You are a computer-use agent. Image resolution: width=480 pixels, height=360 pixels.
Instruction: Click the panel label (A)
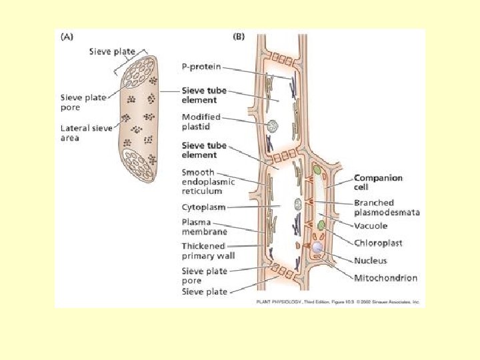point(67,37)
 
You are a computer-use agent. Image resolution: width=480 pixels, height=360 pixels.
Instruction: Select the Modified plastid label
point(201,122)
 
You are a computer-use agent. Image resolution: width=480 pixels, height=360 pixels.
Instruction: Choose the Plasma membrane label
point(204,227)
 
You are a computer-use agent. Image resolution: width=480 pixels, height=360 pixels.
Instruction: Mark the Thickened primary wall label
point(207,251)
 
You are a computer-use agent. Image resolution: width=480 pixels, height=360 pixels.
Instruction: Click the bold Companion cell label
point(378,183)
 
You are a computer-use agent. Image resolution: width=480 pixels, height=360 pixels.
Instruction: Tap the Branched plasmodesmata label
point(387,207)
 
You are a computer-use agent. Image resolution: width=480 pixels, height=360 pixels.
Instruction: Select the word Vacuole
point(372,226)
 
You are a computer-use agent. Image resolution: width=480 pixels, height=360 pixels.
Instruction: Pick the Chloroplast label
point(378,243)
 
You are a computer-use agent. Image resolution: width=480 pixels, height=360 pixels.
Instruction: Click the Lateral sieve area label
point(79,133)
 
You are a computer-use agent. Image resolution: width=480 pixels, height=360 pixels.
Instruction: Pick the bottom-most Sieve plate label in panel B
point(204,292)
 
